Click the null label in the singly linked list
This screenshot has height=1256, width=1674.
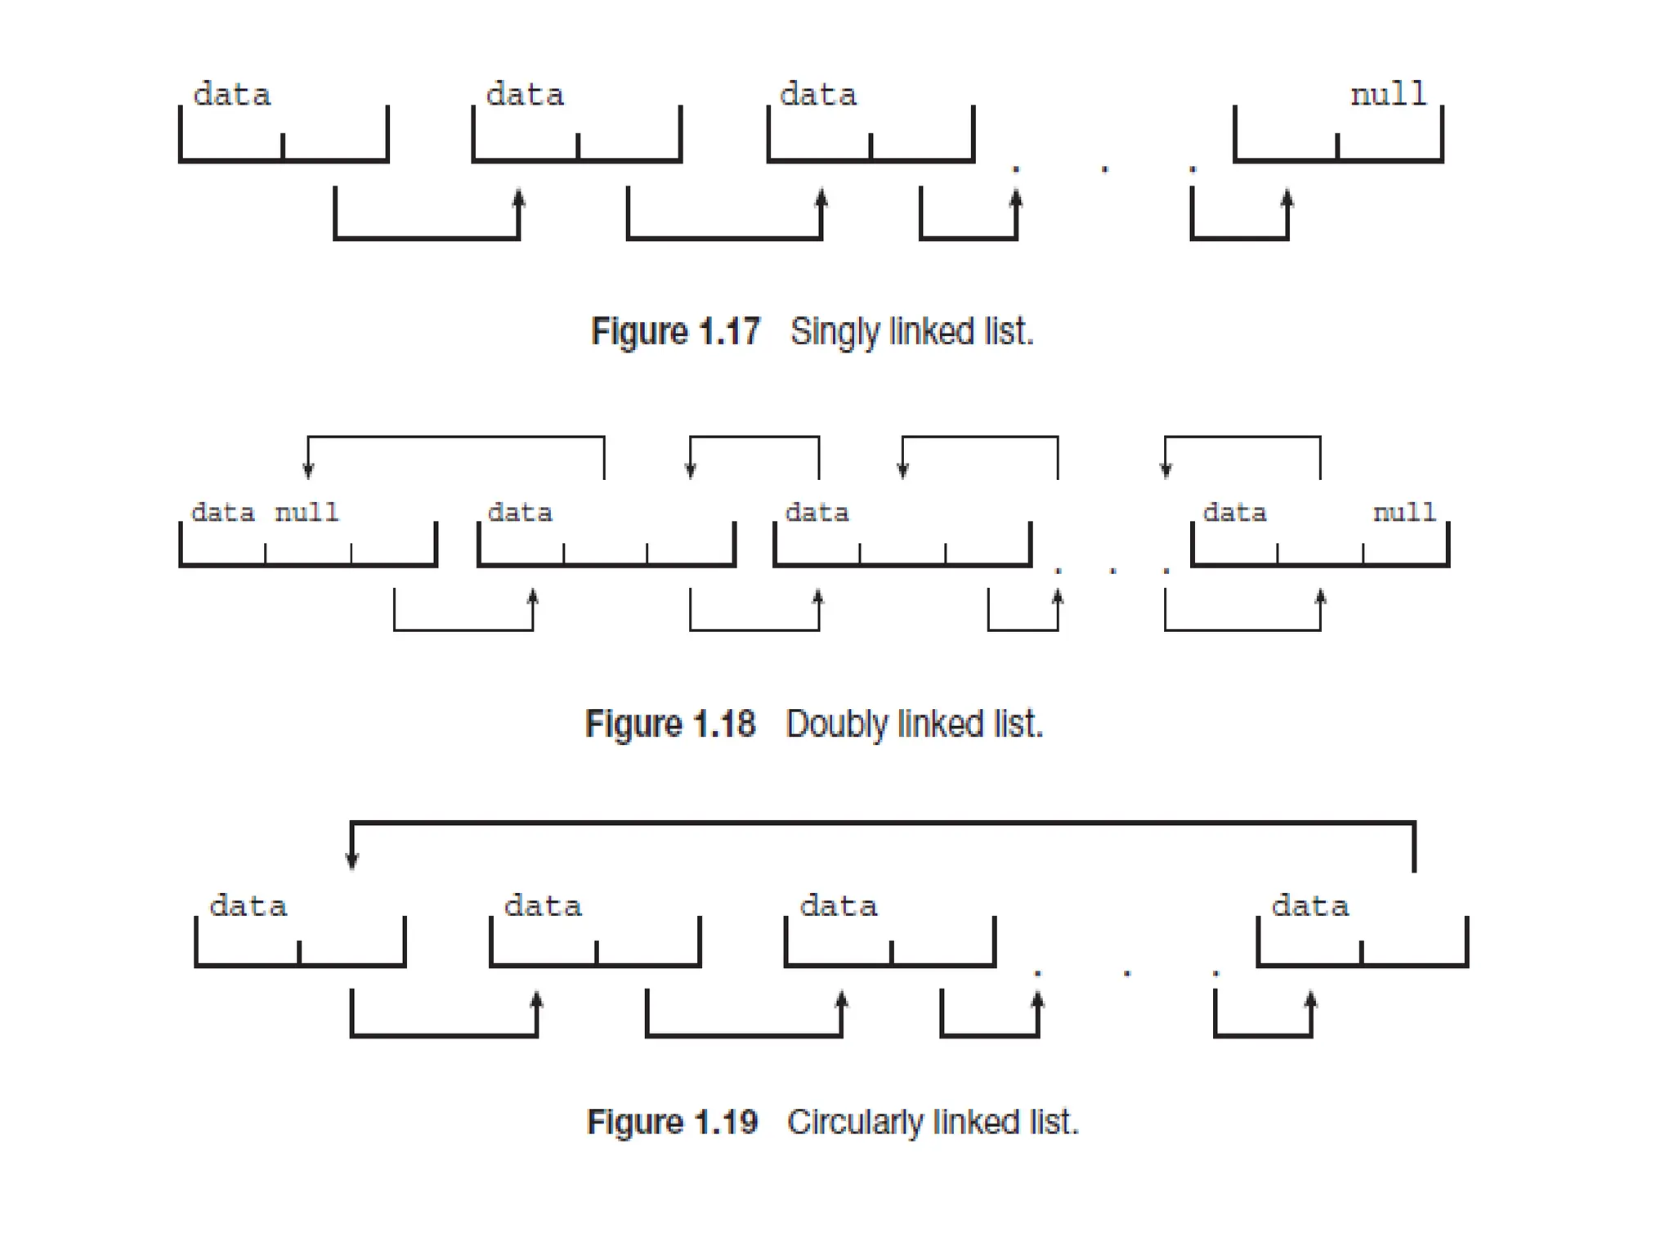coord(1388,94)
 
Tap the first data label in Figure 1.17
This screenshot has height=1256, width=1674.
coord(231,95)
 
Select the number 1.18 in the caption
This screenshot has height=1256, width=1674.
coord(724,724)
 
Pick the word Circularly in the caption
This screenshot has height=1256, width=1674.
coord(854,1122)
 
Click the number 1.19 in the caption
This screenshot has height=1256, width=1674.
coord(726,1122)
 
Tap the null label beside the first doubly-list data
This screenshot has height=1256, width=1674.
coord(307,513)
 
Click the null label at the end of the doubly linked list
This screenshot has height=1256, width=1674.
coord(1403,513)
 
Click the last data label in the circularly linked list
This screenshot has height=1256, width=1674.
coord(1309,906)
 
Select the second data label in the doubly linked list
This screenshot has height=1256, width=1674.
coord(520,513)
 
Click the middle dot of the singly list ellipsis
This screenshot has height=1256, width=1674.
coord(1104,169)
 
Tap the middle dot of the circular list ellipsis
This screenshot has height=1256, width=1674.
coord(1126,972)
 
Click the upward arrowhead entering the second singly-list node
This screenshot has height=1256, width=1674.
coord(518,199)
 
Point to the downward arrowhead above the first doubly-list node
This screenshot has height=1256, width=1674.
coord(308,469)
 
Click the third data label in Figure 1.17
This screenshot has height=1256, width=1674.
coord(817,95)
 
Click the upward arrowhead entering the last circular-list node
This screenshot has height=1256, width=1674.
coord(1310,1000)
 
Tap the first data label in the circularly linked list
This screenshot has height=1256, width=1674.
coord(248,906)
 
